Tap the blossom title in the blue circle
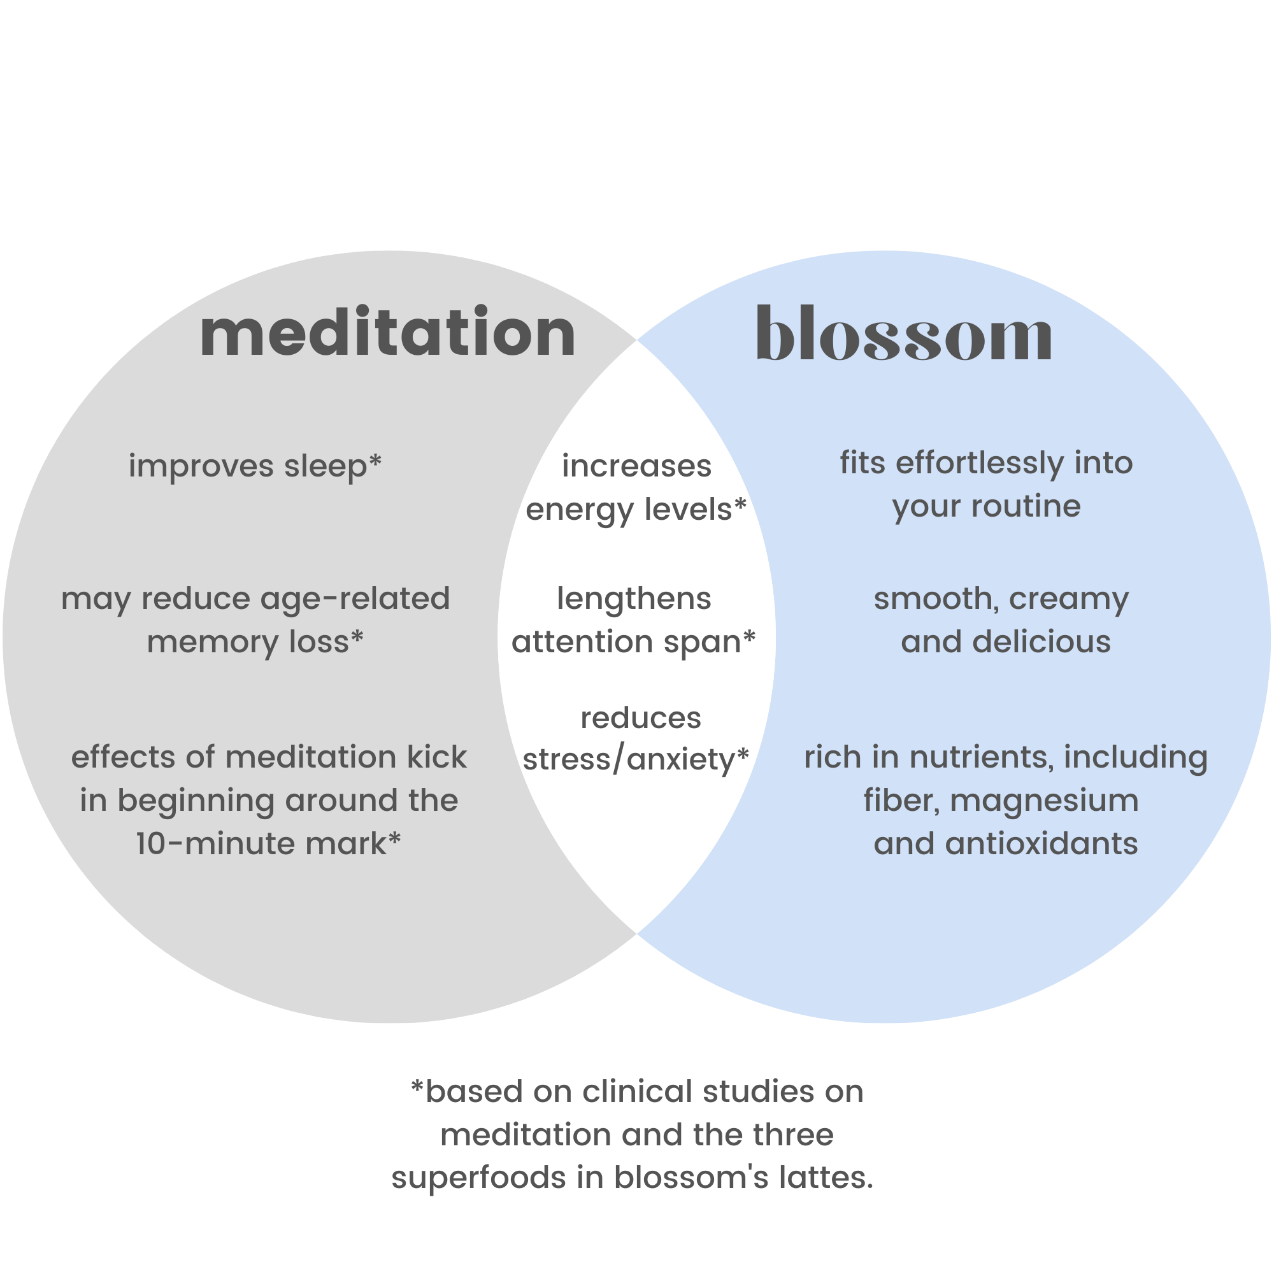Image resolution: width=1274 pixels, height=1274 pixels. pyautogui.click(x=904, y=335)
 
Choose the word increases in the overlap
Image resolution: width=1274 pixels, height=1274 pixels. pyautogui.click(x=636, y=466)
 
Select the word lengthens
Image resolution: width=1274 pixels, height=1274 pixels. pyautogui.click(x=634, y=599)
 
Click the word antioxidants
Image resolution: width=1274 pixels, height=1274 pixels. pyautogui.click(x=1041, y=844)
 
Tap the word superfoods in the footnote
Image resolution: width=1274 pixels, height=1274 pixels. pyautogui.click(x=478, y=1178)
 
